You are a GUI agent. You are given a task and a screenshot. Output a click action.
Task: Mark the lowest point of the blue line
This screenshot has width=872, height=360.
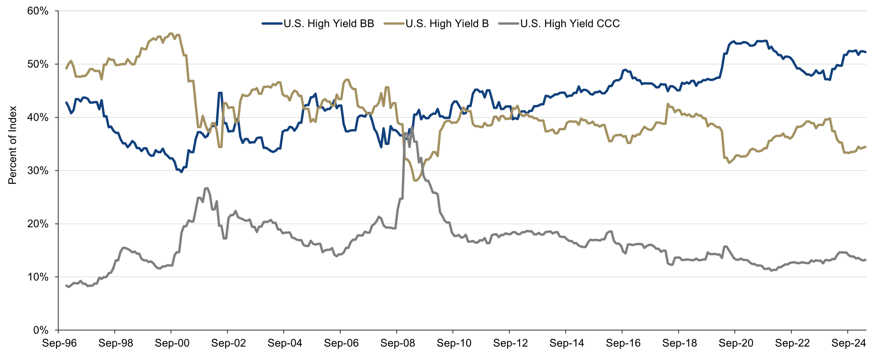[x=181, y=172]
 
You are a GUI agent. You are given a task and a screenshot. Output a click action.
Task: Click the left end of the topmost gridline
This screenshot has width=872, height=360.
[x=59, y=11]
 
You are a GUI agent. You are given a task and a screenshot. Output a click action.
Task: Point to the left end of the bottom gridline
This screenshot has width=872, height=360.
[x=59, y=277]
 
